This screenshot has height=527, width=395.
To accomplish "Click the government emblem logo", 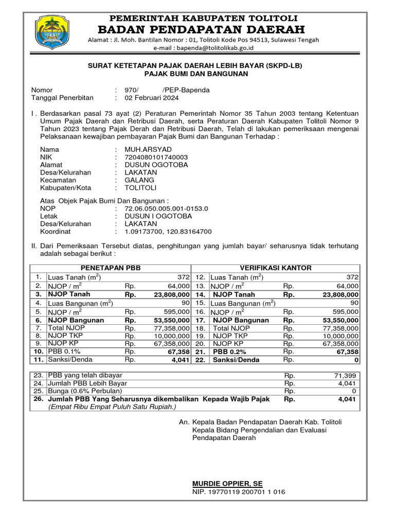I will pyautogui.click(x=51, y=32).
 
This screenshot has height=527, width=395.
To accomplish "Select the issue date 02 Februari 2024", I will pyautogui.click(x=154, y=98).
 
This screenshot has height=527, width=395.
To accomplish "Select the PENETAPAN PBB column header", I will pyautogui.click(x=111, y=268).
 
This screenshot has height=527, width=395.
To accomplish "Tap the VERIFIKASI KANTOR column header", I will pyautogui.click(x=276, y=268).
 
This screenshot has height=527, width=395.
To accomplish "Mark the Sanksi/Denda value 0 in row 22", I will pyautogui.click(x=356, y=360).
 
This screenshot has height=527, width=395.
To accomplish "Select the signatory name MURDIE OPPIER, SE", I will pyautogui.click(x=227, y=484).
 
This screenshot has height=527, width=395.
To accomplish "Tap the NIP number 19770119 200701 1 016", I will pyautogui.click(x=239, y=492).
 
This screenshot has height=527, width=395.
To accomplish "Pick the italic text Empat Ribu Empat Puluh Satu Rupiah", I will pyautogui.click(x=112, y=407).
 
